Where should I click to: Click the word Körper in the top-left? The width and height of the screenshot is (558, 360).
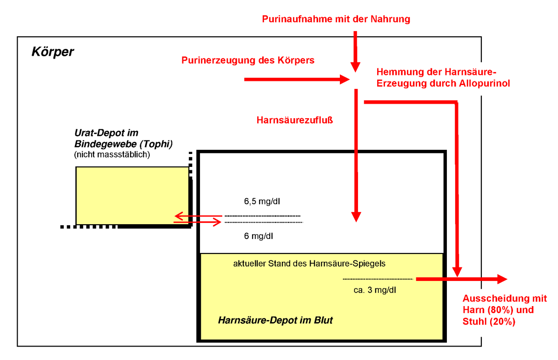(x=53, y=52)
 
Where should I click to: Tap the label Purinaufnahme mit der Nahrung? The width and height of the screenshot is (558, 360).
(x=336, y=19)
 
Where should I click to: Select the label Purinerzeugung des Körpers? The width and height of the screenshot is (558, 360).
(x=248, y=60)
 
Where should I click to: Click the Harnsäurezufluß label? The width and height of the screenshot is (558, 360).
(x=295, y=120)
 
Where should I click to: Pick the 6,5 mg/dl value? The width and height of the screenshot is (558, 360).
(x=262, y=201)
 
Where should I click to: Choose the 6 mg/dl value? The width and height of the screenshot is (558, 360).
(x=259, y=236)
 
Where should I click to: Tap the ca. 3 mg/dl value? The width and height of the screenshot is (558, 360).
(x=375, y=290)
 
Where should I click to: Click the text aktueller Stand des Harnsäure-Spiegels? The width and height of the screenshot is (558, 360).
(x=309, y=264)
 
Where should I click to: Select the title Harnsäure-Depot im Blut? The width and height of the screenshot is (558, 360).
(x=275, y=320)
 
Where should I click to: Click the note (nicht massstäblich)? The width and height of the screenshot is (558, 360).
(x=112, y=154)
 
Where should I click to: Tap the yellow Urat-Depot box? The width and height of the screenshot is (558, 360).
(x=132, y=196)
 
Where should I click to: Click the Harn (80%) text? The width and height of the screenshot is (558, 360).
(x=488, y=310)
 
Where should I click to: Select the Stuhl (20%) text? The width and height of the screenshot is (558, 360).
(x=489, y=322)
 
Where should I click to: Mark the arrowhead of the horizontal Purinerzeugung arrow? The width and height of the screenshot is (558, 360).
(x=345, y=80)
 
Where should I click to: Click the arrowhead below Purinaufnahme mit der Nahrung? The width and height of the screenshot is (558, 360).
(x=355, y=67)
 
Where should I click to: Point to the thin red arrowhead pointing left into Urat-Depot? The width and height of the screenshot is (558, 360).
(x=179, y=216)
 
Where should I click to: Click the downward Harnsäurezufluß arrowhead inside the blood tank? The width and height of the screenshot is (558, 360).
(x=356, y=217)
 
